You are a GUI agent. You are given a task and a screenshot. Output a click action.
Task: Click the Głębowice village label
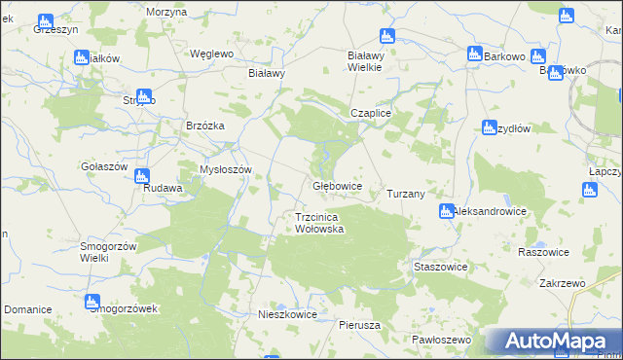[x=337, y=185]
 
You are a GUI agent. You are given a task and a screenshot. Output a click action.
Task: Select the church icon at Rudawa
[x=142, y=177]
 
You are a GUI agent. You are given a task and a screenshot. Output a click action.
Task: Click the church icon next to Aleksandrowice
[x=446, y=211]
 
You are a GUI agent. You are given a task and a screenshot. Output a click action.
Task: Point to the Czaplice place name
[x=371, y=113]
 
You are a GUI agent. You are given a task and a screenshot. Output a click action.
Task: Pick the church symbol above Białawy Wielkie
[x=387, y=38]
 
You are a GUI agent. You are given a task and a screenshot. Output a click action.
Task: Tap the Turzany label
[x=406, y=194]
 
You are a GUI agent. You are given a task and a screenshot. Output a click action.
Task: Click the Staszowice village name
[x=441, y=267]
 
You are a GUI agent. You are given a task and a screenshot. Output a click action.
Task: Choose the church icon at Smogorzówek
[x=92, y=303]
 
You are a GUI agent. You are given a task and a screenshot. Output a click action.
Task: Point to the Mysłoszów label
[x=226, y=169]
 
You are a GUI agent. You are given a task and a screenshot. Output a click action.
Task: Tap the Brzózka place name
[x=205, y=126]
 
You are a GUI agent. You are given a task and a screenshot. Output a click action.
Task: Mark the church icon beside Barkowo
[x=474, y=55]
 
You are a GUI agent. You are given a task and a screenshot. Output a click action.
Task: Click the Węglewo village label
[x=212, y=54]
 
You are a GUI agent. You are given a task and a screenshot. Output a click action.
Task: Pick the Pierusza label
[x=359, y=324]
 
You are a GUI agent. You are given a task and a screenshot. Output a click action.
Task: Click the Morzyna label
[x=165, y=11]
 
